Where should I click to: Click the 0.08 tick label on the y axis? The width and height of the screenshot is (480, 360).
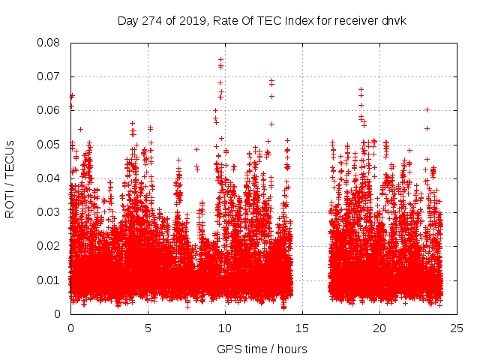(x=52, y=43)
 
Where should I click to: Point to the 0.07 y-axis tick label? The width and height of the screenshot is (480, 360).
(x=52, y=76)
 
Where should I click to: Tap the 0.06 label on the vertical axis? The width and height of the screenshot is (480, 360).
(x=52, y=110)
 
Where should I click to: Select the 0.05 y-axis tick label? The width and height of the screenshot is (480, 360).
(x=52, y=144)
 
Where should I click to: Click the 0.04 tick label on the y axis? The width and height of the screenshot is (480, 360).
(x=52, y=178)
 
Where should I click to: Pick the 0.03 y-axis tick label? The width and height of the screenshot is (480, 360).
(x=52, y=212)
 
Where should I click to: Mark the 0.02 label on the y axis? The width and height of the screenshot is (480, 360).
(x=52, y=246)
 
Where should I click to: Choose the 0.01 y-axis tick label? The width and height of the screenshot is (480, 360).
(x=52, y=280)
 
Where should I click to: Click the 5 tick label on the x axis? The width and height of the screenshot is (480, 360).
(x=148, y=328)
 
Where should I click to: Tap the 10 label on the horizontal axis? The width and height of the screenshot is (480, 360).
(x=225, y=328)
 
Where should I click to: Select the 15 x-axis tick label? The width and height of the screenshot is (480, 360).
(x=302, y=328)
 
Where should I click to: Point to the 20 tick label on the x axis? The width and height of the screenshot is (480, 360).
(x=379, y=328)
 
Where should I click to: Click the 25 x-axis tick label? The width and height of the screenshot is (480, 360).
(x=457, y=328)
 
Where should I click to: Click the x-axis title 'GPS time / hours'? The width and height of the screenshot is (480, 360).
(x=262, y=349)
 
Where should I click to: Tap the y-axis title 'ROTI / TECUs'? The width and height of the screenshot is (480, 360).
(x=10, y=178)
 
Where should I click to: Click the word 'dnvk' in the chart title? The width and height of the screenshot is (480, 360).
(x=392, y=20)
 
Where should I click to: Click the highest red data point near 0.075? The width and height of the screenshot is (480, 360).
(x=220, y=59)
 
